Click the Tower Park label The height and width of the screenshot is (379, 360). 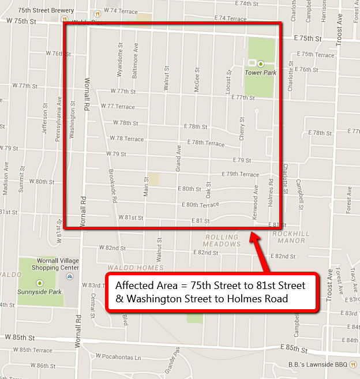click(260, 73)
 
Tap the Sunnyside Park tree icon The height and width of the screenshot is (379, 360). click(39, 283)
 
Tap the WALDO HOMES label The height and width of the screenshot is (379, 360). click(142, 268)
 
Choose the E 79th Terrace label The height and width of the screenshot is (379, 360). click(241, 174)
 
